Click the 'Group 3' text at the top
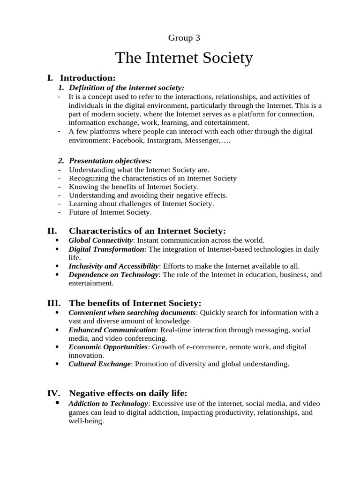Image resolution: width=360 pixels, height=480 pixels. [x=183, y=38]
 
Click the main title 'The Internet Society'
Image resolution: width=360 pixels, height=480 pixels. [x=184, y=58]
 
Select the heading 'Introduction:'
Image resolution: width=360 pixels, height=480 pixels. [x=88, y=78]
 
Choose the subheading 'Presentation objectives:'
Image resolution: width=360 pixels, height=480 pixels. [x=110, y=161]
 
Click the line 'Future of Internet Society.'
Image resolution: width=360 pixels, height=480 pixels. [x=110, y=212]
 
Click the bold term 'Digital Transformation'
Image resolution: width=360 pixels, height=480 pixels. [x=106, y=249]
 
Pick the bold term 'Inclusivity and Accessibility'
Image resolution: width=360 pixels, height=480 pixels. [x=114, y=266]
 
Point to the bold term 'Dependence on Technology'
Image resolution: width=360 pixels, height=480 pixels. [x=113, y=275]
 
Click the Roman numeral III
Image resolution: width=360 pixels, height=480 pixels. [x=53, y=303]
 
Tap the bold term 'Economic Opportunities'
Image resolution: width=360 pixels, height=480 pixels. [x=108, y=347]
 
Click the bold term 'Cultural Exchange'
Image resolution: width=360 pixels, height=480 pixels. [x=99, y=364]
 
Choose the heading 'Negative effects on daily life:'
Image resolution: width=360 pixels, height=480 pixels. [x=128, y=393]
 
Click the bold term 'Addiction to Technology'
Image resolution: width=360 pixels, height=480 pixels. [x=108, y=404]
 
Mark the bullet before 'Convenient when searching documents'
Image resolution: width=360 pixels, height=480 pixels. [x=57, y=313]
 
